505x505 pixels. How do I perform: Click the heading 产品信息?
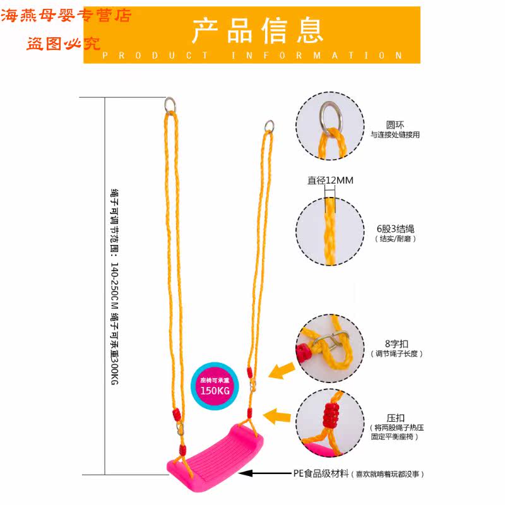point(258,30)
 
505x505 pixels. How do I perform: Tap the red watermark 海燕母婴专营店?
point(67,16)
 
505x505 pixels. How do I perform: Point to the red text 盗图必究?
point(64,44)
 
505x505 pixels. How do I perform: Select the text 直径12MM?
point(330,181)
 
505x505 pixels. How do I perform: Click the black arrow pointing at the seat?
point(265,473)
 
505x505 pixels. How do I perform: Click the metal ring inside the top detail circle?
point(330,116)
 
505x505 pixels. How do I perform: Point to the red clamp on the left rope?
point(176,415)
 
